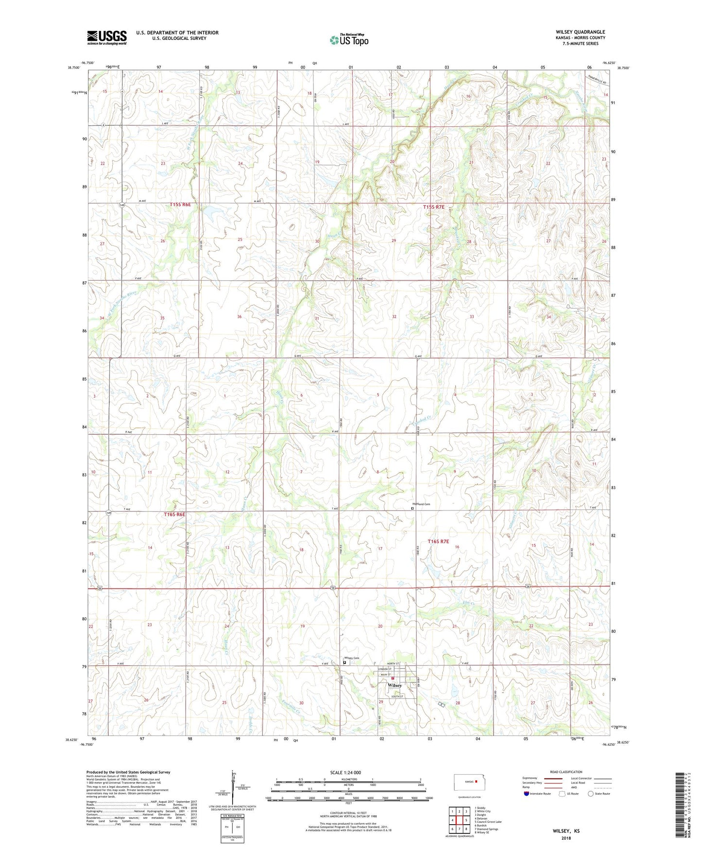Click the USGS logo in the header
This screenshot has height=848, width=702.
click(x=107, y=37)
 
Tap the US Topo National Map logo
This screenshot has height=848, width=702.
click(x=349, y=40)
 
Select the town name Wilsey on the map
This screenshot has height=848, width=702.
click(x=394, y=685)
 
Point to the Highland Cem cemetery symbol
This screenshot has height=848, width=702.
click(x=412, y=509)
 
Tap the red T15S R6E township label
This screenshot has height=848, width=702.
click(x=180, y=205)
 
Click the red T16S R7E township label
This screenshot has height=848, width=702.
click(x=438, y=541)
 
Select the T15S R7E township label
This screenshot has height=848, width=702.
click(x=433, y=207)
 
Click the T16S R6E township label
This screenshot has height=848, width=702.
click(x=174, y=514)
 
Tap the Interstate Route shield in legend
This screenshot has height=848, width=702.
click(x=527, y=794)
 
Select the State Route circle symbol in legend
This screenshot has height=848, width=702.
click(x=590, y=794)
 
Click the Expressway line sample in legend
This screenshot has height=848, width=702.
click(x=552, y=779)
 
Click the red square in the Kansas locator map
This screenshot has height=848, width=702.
click(x=476, y=782)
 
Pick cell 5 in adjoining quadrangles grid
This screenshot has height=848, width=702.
click(x=465, y=820)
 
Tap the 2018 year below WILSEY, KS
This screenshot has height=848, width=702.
click(x=565, y=838)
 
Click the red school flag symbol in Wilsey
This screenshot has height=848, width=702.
click(x=393, y=678)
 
